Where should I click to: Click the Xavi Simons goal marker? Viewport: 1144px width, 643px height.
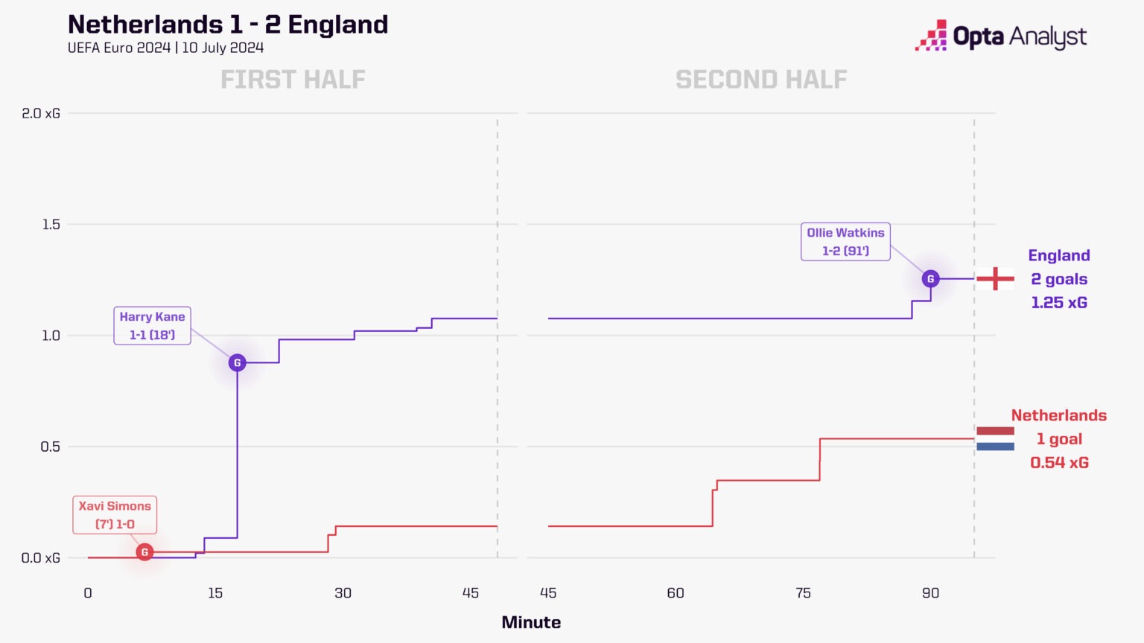point(144,552)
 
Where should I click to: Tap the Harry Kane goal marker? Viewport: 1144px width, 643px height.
point(238,363)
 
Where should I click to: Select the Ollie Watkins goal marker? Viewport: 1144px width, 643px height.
point(930,279)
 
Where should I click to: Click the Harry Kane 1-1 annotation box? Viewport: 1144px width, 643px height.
point(152,325)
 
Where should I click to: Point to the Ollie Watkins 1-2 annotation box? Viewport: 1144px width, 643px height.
point(845,242)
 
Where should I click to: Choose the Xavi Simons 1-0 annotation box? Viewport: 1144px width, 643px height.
point(115,515)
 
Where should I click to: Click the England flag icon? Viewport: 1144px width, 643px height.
point(995,279)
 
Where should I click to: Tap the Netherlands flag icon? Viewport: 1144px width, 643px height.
point(995,438)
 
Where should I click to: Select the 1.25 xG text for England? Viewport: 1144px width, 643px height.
point(1059,303)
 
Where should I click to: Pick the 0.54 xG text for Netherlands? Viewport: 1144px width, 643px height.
point(1059,463)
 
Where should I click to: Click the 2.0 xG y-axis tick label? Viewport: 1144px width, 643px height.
point(41,113)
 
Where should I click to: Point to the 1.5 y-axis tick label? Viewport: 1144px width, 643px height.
point(51,224)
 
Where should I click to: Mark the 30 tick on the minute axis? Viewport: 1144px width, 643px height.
point(343,593)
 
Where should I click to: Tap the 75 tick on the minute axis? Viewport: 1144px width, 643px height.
point(803,593)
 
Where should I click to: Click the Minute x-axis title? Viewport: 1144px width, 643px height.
point(531,622)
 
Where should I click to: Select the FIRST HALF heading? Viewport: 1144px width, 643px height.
point(293,80)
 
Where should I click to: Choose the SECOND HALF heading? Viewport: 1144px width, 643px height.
point(761,80)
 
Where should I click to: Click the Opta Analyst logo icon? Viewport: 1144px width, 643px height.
point(931,36)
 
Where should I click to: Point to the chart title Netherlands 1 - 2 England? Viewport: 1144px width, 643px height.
point(228,25)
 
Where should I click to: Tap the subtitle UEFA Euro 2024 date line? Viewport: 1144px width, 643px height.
point(165,48)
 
